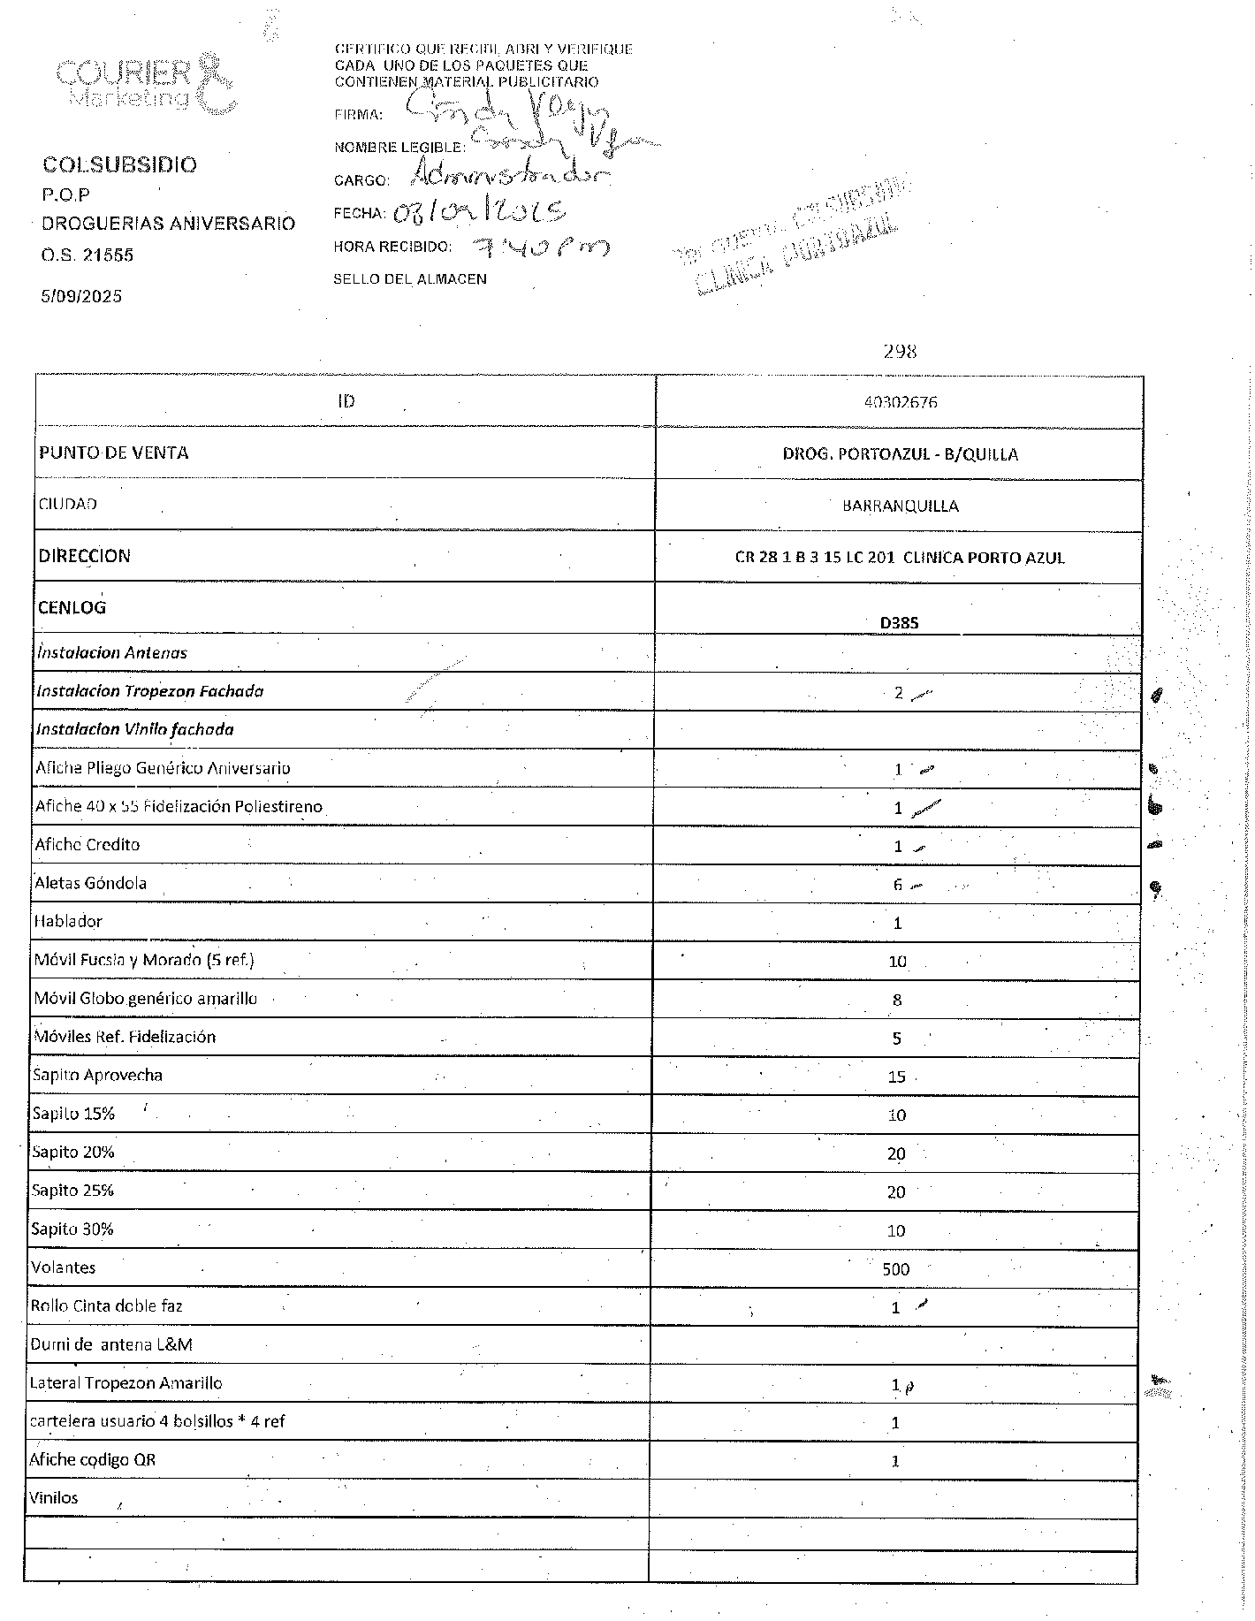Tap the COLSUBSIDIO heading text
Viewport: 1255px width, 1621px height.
coord(120,165)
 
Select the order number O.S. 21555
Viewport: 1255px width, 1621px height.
coord(87,255)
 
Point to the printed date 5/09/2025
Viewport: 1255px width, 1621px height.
coord(81,296)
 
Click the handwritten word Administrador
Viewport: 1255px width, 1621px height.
coord(510,176)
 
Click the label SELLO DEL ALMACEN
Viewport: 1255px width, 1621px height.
coord(410,279)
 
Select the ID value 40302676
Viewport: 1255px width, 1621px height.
coord(901,402)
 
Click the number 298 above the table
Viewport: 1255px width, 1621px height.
coord(900,352)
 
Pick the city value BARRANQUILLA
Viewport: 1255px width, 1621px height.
coord(900,506)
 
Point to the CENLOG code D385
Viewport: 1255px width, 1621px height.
coord(899,622)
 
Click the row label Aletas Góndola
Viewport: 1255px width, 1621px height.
coord(90,883)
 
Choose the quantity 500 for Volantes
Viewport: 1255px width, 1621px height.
coord(895,1269)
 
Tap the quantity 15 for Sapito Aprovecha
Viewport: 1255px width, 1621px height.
coord(896,1077)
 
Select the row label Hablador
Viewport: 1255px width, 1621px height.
coord(68,921)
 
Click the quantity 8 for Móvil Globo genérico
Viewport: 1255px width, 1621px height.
coord(897,1000)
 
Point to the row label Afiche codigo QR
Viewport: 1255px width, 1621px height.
coord(93,1459)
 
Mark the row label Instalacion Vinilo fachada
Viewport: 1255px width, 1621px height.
coord(135,729)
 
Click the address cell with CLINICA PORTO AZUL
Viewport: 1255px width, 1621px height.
coord(900,558)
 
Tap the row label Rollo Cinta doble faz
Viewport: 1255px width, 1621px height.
coord(106,1305)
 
